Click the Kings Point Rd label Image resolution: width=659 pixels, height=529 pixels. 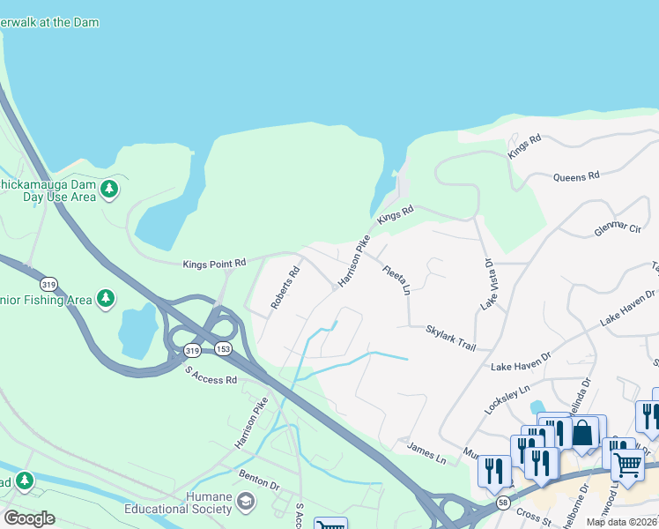click(214, 264)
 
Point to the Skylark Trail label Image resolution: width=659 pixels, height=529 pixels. click(450, 335)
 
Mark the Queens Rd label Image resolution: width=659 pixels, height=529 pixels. click(576, 176)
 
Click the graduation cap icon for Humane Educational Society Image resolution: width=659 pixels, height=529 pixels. click(245, 503)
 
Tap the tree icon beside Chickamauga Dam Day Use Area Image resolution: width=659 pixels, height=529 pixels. click(109, 190)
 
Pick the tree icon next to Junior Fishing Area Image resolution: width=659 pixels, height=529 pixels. click(106, 300)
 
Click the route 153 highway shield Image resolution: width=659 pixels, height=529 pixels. click(223, 349)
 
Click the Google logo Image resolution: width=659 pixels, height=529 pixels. click(29, 518)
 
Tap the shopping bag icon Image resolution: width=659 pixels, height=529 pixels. click(582, 433)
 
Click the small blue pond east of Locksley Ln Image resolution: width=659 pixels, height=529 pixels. click(537, 407)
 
